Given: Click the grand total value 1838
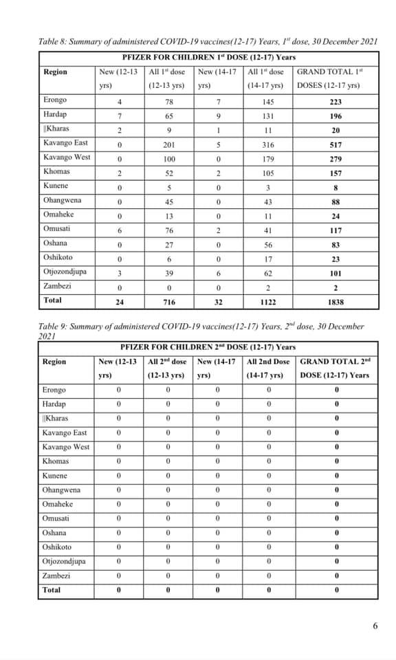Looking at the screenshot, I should coord(336,301).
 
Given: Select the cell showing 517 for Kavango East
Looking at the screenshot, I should coord(336,144).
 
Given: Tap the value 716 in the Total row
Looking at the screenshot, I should coord(168,301).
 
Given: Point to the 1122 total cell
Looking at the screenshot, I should coord(268,301).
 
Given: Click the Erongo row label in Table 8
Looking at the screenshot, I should coord(55,100).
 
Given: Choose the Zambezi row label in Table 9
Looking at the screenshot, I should coord(56,575).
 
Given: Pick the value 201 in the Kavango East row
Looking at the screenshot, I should coord(168,144).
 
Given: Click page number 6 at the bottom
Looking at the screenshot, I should coord(375,626).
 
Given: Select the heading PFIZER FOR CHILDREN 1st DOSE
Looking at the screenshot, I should coord(208,57).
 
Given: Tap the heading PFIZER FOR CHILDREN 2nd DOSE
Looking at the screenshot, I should coord(208,347).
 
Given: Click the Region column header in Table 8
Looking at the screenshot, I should coord(55,72).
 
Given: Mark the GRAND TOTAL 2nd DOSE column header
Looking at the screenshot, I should coord(335,368).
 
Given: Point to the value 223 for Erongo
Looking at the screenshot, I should coord(336,101).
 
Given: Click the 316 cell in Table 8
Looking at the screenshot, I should coord(268,144).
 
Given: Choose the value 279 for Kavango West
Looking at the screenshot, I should coord(336,158).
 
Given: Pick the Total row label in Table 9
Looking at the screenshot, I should coord(52,590).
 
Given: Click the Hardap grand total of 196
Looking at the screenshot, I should coord(336,115).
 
